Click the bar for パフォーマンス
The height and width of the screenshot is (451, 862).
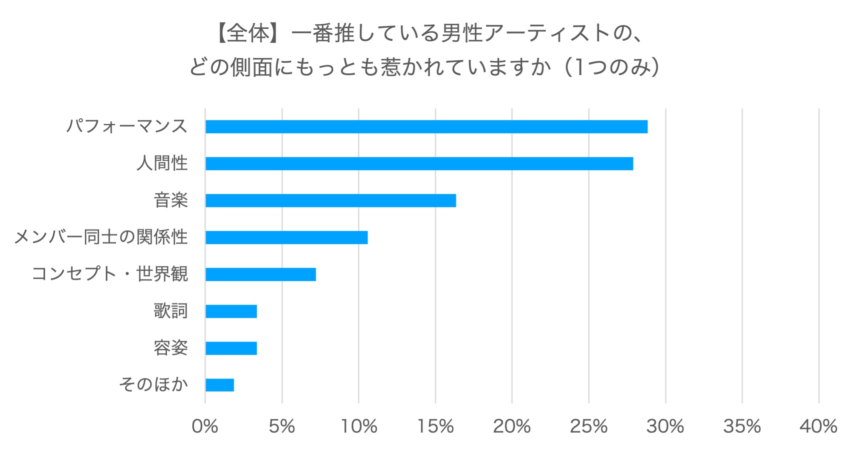[x=426, y=127]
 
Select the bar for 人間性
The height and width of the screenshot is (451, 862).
[x=419, y=164]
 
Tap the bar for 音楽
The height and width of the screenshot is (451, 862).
[x=330, y=201]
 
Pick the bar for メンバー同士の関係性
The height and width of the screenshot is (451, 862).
[x=286, y=238]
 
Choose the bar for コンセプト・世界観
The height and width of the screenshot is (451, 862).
[x=260, y=275]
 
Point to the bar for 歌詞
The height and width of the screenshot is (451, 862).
[x=231, y=311]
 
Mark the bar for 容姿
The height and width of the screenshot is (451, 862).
[x=231, y=348]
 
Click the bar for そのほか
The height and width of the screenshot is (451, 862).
[x=220, y=385]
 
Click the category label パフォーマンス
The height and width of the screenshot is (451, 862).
[x=127, y=126]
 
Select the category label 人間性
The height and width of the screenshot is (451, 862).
[x=162, y=163]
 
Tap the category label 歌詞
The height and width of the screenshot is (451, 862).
[x=170, y=311]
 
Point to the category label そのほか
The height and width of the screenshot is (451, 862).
[x=153, y=384]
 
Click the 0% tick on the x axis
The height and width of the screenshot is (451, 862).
[x=205, y=426]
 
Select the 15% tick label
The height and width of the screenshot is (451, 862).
[x=435, y=426]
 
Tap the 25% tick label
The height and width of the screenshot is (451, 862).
[x=589, y=426]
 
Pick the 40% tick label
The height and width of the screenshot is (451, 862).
[x=818, y=426]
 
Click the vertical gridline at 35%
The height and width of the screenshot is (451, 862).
[x=742, y=255]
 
